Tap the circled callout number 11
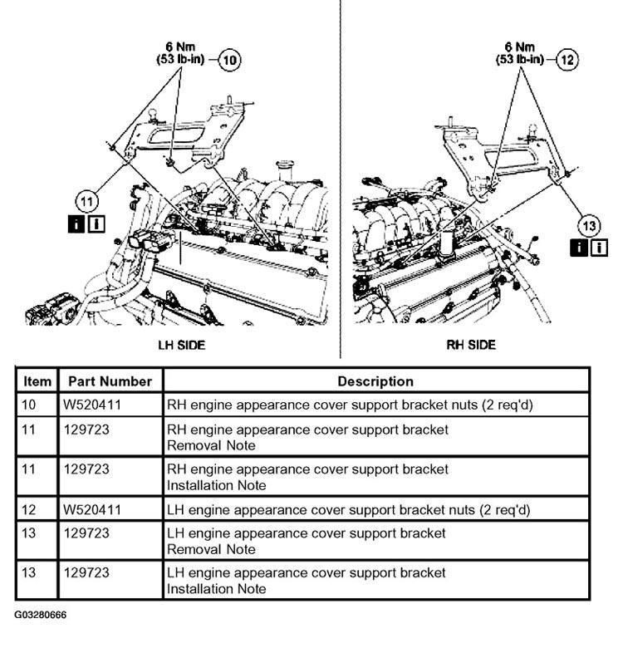[86, 200]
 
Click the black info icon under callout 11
[76, 223]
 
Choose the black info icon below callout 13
[578, 247]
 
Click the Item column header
[37, 381]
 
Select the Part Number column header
[110, 381]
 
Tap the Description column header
[375, 381]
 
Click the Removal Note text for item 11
[208, 444]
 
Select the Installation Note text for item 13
[217, 589]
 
